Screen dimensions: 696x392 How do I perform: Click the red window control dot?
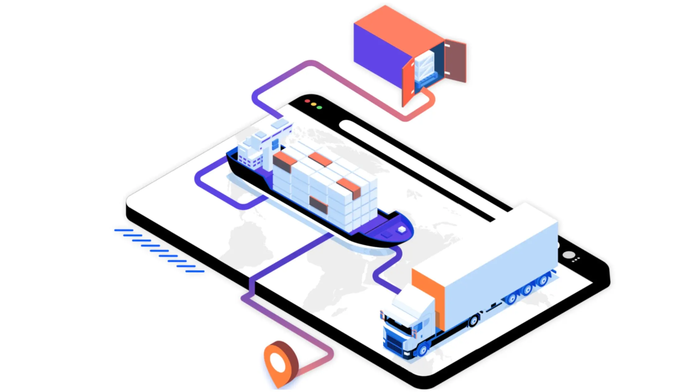307,101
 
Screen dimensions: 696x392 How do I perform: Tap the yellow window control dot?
314,105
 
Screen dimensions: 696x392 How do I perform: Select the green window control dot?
319,108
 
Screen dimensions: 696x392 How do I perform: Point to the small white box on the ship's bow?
402,230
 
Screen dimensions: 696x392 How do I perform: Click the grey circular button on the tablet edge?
569,255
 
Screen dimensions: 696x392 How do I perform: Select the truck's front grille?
395,344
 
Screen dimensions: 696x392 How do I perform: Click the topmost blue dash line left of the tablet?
124,230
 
